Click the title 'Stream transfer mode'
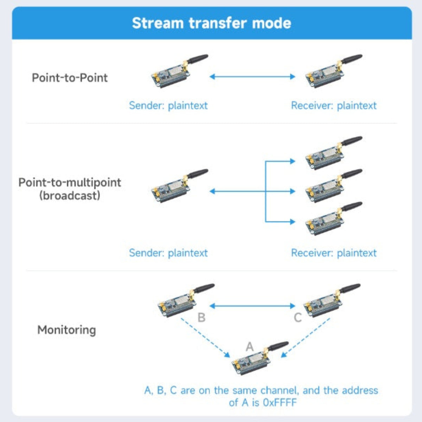pos(212,23)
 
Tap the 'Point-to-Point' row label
pos(70,78)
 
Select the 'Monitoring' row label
pos(66,330)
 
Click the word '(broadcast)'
pos(70,196)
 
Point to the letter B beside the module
pos(202,317)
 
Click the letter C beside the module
pos(298,317)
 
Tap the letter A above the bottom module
pos(250,347)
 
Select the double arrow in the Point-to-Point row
pos(252,76)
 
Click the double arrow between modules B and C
pos(252,306)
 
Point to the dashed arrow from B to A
pos(205,338)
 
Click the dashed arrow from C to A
pos(305,338)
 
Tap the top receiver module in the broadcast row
pos(334,153)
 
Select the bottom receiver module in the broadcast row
pos(334,218)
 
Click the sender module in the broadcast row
pos(180,186)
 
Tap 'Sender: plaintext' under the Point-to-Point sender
pos(168,105)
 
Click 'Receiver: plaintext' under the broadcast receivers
pos(334,253)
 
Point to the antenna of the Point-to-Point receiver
pos(351,59)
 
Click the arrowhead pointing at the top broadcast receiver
pos(293,161)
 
